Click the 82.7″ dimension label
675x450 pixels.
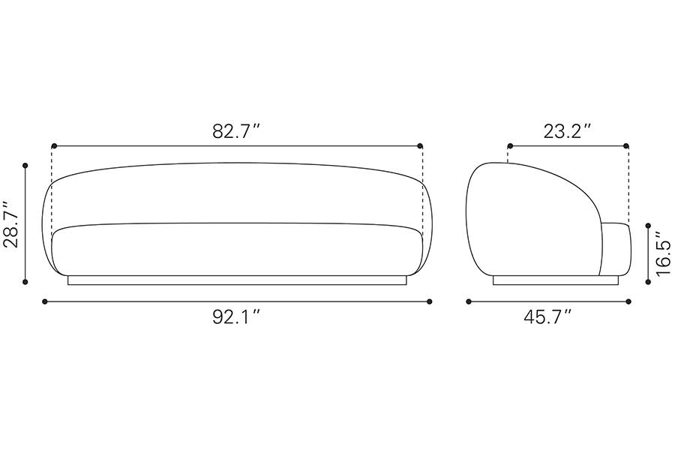tap(237, 131)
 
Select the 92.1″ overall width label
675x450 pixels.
tap(237, 317)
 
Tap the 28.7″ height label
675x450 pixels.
tap(11, 224)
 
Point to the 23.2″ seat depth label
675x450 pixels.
tap(567, 131)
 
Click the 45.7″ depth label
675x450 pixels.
tap(547, 317)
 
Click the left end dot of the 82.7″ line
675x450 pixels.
tap(54, 146)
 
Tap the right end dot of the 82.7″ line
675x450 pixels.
tap(420, 146)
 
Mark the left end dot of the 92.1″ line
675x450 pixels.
tap(45, 301)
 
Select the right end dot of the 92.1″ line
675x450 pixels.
tap(429, 301)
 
